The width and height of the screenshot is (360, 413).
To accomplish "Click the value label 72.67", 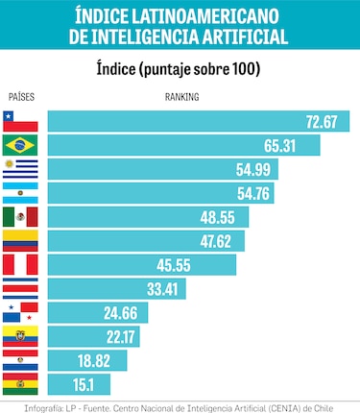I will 322,122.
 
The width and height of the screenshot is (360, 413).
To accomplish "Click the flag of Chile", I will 20,122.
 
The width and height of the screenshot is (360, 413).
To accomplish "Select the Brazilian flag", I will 20,145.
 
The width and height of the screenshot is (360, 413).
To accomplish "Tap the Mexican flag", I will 20,217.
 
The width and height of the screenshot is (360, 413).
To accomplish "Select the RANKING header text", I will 182,98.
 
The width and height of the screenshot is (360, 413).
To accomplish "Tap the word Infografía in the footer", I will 23,405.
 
